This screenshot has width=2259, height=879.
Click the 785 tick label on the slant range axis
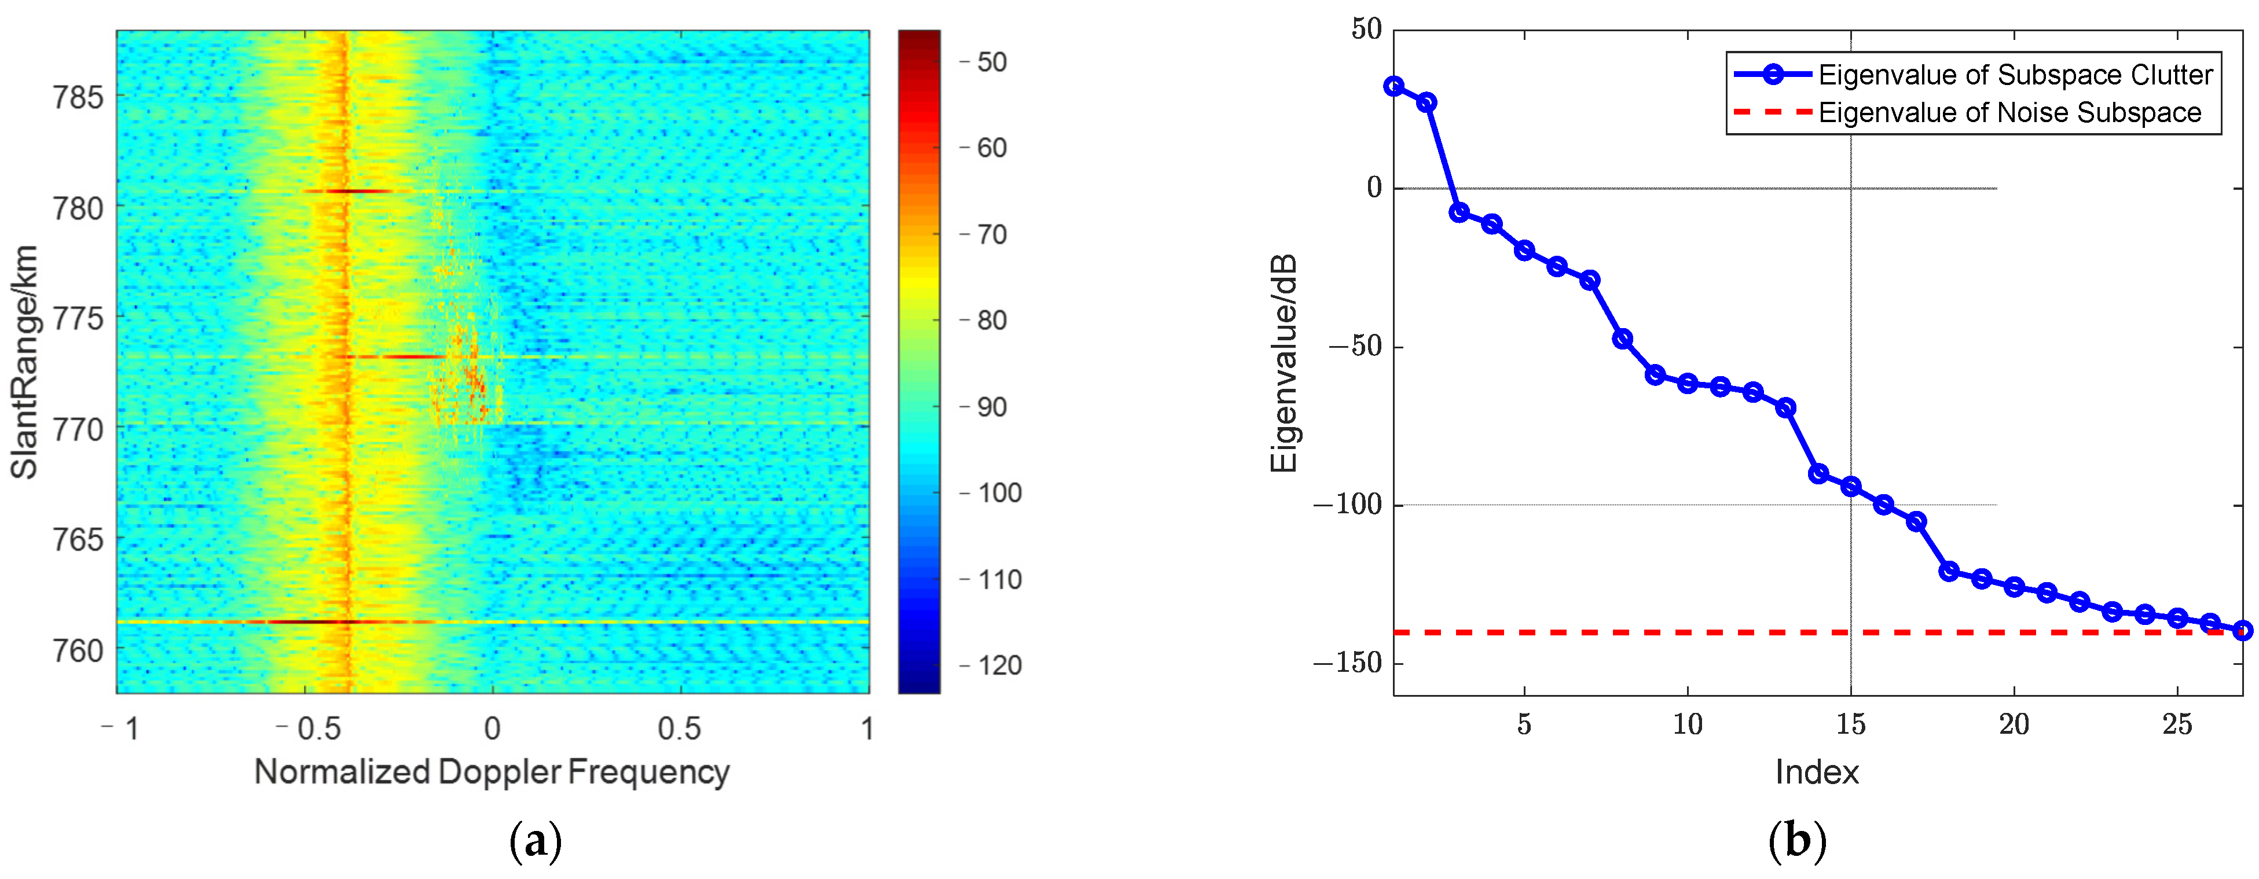coord(78,97)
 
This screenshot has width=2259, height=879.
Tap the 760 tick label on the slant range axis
coord(78,651)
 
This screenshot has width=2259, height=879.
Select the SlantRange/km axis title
coord(24,362)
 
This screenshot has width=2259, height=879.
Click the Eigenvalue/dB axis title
coord(1284,363)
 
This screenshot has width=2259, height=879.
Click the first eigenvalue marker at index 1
coord(1393,86)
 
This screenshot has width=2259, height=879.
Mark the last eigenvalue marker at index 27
coord(2242,630)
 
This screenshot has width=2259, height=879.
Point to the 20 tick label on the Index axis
coord(2014,724)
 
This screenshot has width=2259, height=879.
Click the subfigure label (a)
coord(535,841)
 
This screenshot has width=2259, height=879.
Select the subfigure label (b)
coord(1798,841)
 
